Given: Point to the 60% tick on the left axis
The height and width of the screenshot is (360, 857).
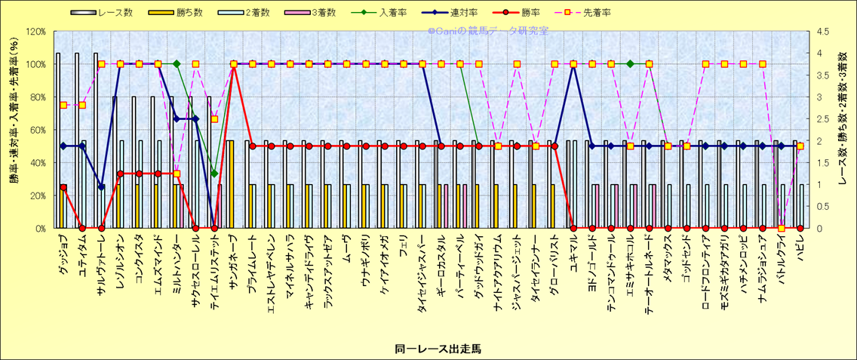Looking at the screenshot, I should pos(37,130).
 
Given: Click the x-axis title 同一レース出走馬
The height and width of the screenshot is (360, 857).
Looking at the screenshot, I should pos(438,349).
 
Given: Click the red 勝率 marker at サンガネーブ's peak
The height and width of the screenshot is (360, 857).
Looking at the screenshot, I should pos(234,64).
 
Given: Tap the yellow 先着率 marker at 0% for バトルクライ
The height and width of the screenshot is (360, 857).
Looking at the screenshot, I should pos(782,228).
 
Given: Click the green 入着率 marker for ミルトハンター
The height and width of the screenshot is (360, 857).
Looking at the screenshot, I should pos(177,64).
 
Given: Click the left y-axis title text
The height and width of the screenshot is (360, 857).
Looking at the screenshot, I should pos(14,130).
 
